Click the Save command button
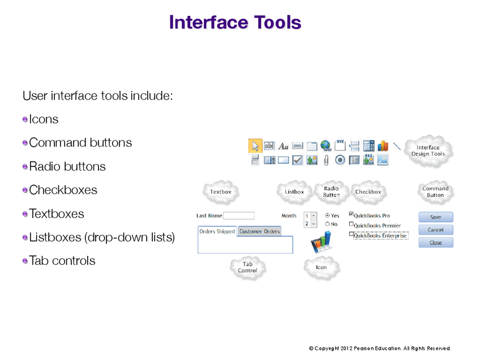pyautogui.click(x=435, y=217)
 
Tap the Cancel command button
pyautogui.click(x=435, y=230)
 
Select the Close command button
pyautogui.click(x=435, y=242)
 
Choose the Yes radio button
pyautogui.click(x=328, y=216)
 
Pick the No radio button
pyautogui.click(x=328, y=224)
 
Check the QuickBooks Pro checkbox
pyautogui.click(x=352, y=215)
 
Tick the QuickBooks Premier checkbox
pyautogui.click(x=352, y=224)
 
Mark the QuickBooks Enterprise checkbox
pyautogui.click(x=352, y=234)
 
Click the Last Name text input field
pyautogui.click(x=239, y=216)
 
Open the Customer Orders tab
pyautogui.click(x=260, y=232)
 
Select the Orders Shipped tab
pyautogui.click(x=217, y=232)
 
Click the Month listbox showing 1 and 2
pyautogui.click(x=310, y=220)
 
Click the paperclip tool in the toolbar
pyautogui.click(x=326, y=160)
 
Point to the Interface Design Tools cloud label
pyautogui.click(x=428, y=151)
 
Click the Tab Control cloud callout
pyautogui.click(x=248, y=267)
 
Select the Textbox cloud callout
pyautogui.click(x=221, y=192)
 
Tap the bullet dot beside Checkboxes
pyautogui.click(x=25, y=190)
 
